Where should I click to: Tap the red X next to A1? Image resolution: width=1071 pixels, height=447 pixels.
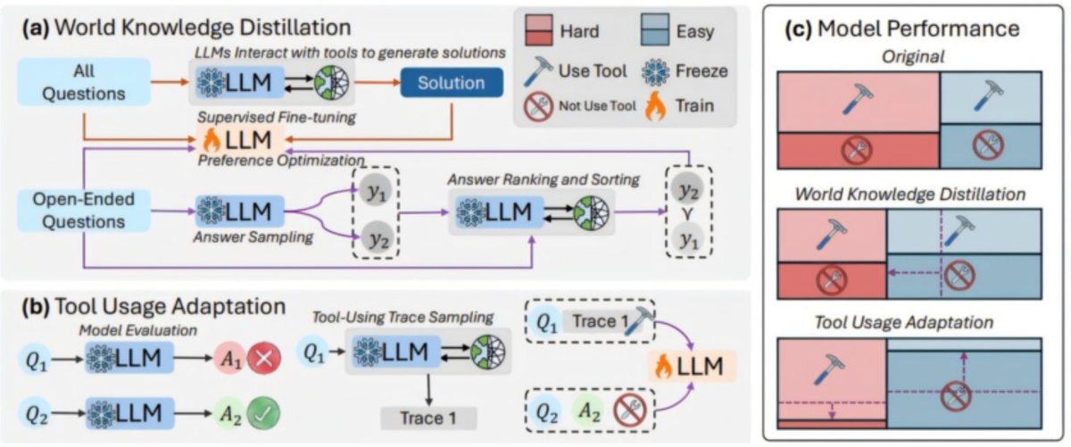pos(265,359)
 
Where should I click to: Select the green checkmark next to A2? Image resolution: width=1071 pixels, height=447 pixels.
pos(265,413)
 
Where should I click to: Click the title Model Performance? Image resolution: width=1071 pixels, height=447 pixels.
pos(915,29)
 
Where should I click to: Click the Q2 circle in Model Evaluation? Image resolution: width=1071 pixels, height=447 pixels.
pos(37,413)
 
